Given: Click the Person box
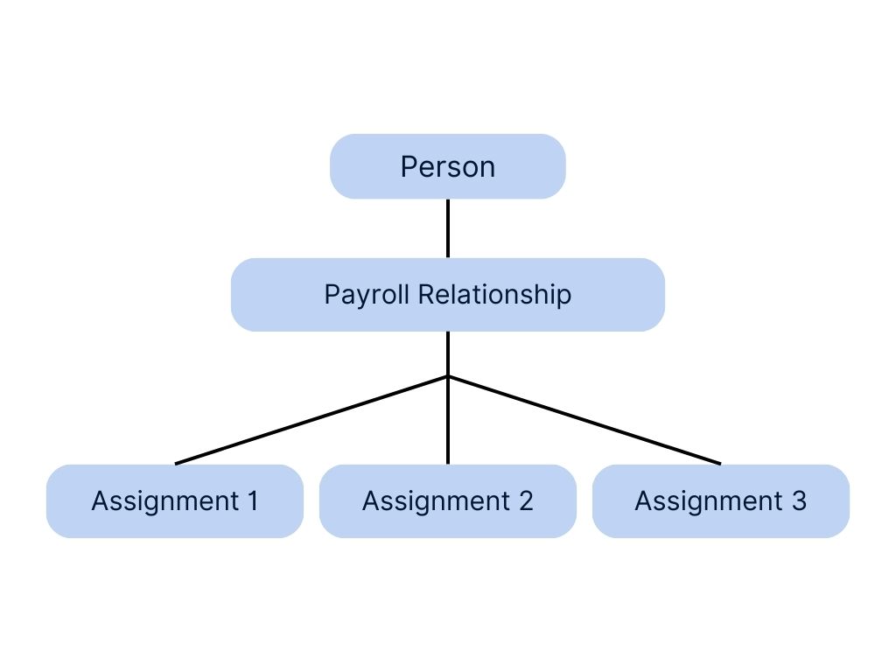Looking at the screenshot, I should click(447, 166).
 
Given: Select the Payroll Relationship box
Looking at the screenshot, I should click(447, 295).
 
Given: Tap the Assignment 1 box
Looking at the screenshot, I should click(175, 501).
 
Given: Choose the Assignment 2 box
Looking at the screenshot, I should click(447, 501).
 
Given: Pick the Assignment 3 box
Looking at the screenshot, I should click(720, 501).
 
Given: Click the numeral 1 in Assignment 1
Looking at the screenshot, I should click(252, 501).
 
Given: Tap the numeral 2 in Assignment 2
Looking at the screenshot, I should click(525, 501).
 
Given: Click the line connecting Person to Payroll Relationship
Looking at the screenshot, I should click(448, 228).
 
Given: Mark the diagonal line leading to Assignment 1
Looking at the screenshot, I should click(311, 420).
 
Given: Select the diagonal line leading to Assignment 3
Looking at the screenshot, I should click(584, 420).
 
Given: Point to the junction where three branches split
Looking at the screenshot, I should click(448, 376).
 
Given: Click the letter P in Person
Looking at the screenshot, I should click(408, 166).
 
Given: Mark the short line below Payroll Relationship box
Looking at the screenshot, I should click(448, 353).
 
